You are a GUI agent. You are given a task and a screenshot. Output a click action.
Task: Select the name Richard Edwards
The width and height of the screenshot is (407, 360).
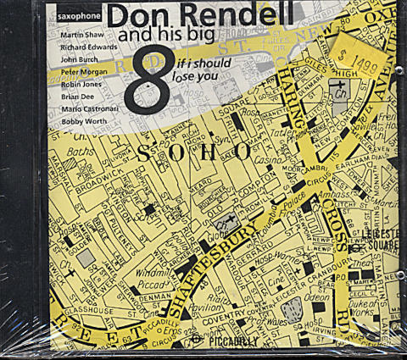coord(89,47)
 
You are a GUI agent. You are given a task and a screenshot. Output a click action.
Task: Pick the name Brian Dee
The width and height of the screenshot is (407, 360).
coord(76,98)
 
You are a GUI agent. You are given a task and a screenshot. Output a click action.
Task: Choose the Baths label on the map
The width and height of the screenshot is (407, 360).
coord(72,152)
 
